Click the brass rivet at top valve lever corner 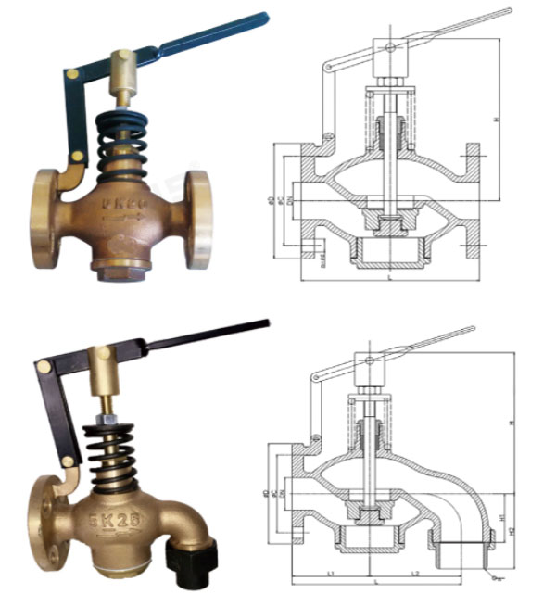pos(71,71)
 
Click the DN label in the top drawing pos(288,200)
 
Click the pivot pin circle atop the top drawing pos(390,47)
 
